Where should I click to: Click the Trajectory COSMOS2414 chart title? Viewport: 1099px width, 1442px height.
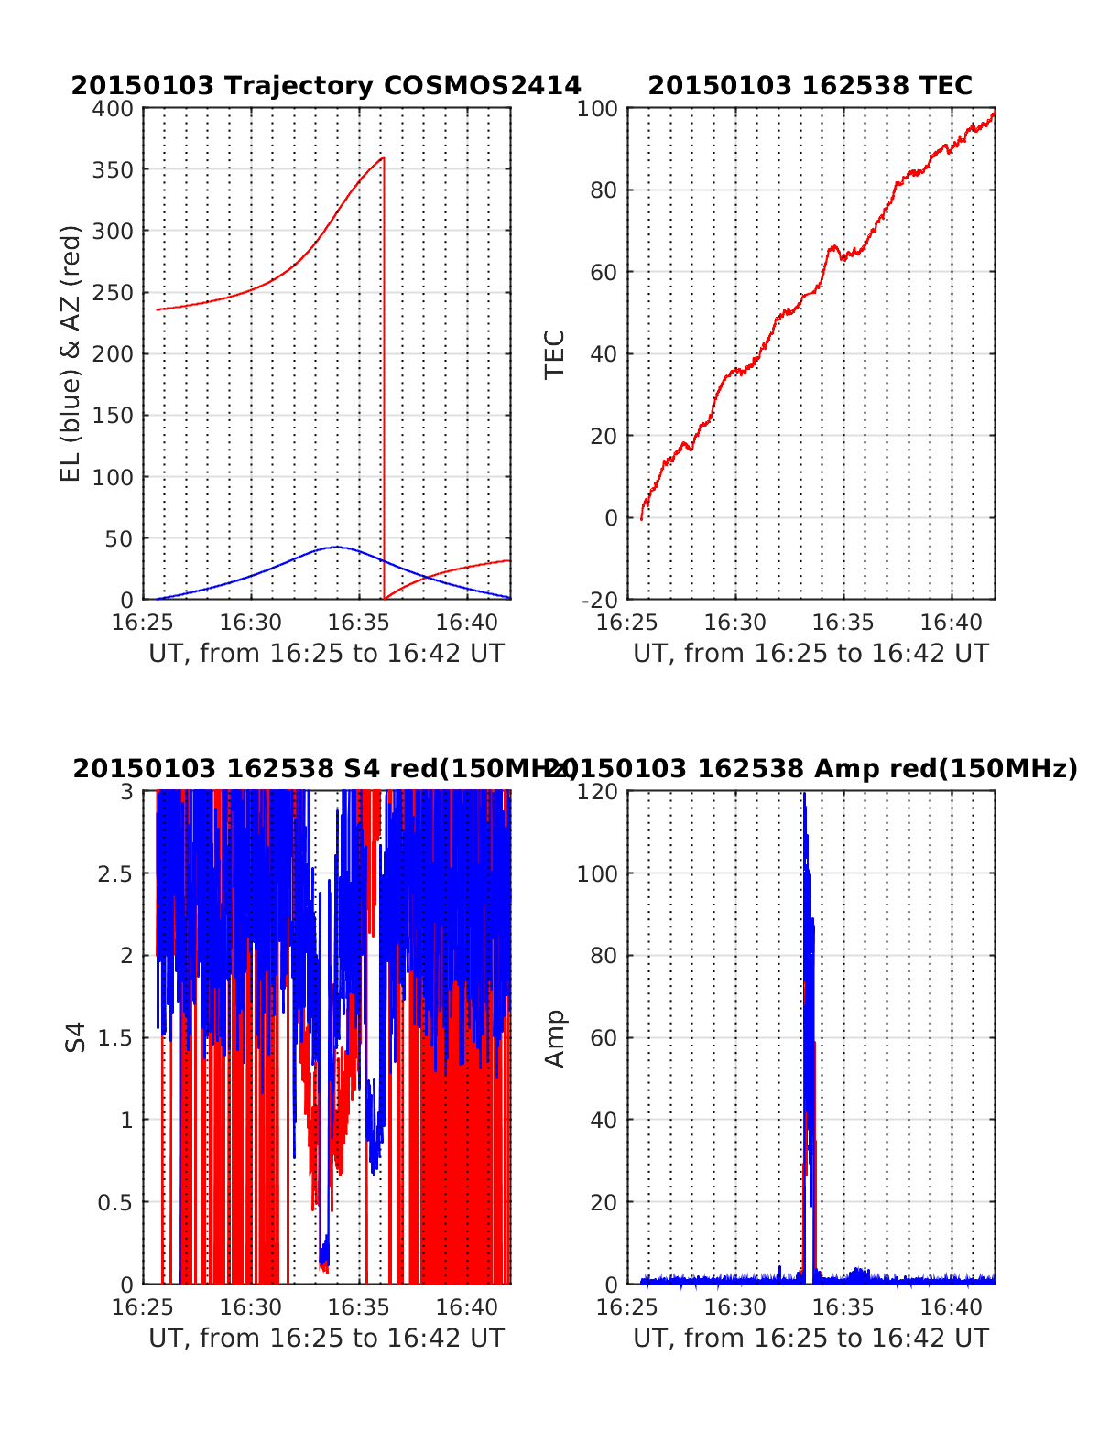tap(326, 86)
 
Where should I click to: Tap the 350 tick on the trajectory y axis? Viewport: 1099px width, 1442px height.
tap(120, 170)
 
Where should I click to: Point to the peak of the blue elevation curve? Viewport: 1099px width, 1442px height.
tap(336, 547)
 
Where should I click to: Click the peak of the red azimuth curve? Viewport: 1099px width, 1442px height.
tap(383, 158)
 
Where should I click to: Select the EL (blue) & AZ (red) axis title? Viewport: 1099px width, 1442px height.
tap(71, 353)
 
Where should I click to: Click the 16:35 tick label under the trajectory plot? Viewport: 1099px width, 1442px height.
tap(358, 623)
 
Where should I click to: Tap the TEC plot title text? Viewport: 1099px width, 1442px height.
tap(810, 86)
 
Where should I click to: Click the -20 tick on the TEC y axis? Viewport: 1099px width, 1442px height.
tap(600, 600)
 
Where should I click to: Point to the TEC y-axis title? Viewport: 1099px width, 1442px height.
tap(555, 353)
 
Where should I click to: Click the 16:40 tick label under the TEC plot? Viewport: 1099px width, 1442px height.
tap(952, 623)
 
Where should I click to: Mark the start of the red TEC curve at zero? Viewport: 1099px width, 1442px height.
tap(641, 518)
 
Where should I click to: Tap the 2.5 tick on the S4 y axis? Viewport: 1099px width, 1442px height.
tap(115, 873)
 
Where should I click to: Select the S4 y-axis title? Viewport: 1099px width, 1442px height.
tap(77, 1037)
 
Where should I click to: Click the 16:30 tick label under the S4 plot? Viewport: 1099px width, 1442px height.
tap(251, 1307)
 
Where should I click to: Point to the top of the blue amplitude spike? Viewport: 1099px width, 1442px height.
tap(804, 795)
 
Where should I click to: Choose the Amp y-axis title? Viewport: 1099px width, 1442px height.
tap(555, 1037)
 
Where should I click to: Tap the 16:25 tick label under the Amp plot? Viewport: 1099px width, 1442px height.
tap(627, 1307)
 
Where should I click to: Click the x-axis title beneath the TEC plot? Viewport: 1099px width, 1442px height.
tap(811, 654)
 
